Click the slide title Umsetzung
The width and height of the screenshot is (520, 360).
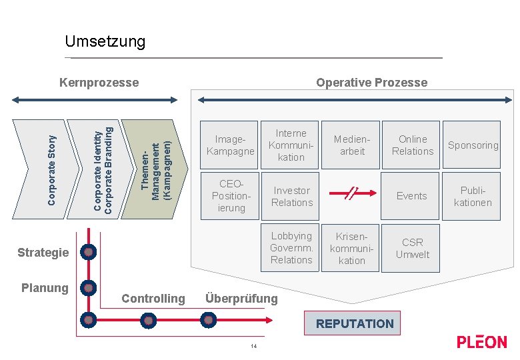(105, 42)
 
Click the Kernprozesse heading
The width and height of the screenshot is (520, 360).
(99, 83)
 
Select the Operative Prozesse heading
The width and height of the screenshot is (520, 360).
(371, 83)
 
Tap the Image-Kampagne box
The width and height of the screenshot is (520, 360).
(231, 145)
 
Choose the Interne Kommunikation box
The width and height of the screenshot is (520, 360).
(291, 145)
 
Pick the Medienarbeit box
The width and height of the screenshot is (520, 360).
(352, 145)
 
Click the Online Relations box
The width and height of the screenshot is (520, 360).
(412, 145)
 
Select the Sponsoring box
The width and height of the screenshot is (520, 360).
(473, 145)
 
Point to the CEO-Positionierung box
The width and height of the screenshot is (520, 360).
(231, 196)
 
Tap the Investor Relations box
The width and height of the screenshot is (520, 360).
(291, 196)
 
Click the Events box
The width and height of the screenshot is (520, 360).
(412, 196)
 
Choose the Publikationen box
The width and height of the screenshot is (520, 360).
(473, 196)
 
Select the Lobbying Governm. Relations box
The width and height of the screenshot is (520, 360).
(291, 248)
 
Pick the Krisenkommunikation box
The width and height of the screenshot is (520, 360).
(352, 248)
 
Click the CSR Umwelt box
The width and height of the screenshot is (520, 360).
(412, 248)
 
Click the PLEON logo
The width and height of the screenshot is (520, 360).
(481, 342)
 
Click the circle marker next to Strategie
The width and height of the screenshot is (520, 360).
(87, 253)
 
